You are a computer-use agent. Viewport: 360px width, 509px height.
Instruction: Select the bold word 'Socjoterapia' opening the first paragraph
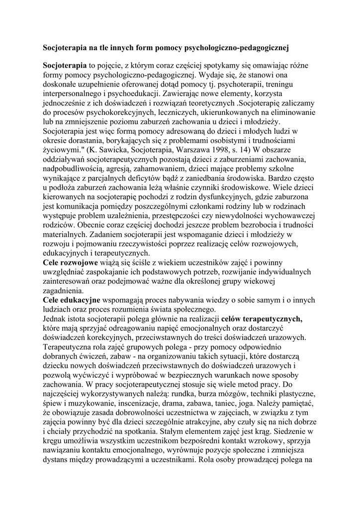(x=65, y=65)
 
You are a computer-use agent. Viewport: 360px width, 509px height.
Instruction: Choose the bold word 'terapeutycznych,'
(x=262, y=319)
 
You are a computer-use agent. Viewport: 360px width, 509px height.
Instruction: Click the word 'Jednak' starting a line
(x=55, y=319)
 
